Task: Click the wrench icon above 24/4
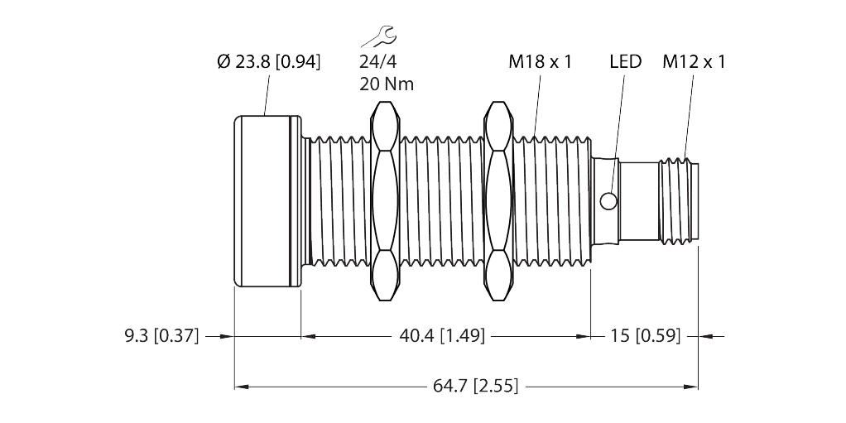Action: (x=377, y=36)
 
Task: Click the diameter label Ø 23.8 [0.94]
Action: (x=268, y=61)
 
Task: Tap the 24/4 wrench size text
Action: (x=377, y=61)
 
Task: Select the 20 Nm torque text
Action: (x=387, y=84)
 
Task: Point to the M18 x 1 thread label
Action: (x=540, y=61)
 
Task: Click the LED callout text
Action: (x=625, y=61)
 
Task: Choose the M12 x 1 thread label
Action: (x=694, y=61)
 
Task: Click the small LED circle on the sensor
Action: (x=608, y=200)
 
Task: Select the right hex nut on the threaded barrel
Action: (x=498, y=200)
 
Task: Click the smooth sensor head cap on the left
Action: (x=267, y=200)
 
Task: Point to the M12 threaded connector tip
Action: (x=679, y=200)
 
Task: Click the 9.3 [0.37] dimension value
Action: (x=161, y=336)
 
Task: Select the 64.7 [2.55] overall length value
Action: (x=473, y=386)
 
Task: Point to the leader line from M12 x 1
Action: (x=686, y=116)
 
